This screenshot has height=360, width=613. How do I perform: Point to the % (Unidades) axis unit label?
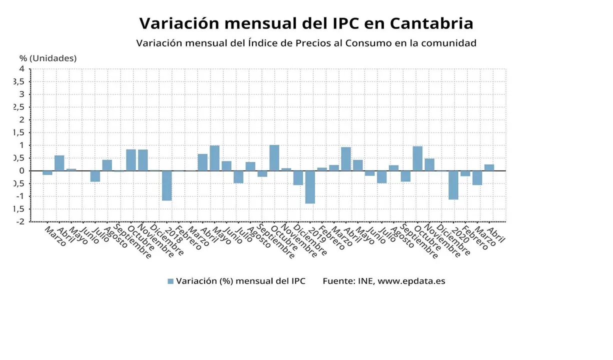[48, 58]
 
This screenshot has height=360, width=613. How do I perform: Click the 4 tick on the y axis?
[21, 69]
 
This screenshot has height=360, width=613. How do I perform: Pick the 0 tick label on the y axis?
[21, 170]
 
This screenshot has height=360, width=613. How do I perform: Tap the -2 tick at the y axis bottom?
[20, 221]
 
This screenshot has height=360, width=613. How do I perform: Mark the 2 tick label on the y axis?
[21, 120]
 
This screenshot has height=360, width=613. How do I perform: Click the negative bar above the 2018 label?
[166, 185]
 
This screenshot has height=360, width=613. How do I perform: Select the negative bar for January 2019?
[310, 187]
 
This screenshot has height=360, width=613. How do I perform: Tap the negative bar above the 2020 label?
[453, 185]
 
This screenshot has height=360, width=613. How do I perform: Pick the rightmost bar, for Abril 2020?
[489, 167]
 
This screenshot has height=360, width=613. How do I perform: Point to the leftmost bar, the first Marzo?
[47, 172]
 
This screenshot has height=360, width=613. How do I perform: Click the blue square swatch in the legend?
[170, 281]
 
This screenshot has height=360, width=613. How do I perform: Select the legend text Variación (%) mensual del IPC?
[240, 281]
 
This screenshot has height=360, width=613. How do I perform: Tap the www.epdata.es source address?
[411, 281]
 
